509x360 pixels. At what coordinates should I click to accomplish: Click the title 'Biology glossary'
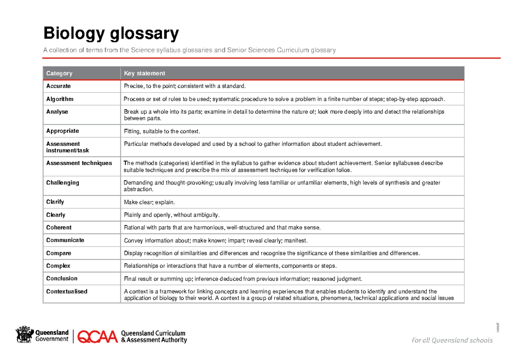tap(111, 33)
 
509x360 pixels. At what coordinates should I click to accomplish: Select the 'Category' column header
tap(59, 73)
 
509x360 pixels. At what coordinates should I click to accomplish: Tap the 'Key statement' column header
tap(144, 73)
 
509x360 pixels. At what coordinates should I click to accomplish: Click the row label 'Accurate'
tap(59, 86)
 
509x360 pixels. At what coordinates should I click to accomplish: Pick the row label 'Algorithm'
tap(60, 99)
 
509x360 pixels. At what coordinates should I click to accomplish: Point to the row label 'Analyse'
tap(57, 112)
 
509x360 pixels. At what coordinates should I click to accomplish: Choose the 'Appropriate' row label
tap(62, 131)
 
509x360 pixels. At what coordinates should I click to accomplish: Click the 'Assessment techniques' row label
tap(79, 163)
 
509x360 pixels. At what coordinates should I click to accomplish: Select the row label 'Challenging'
tap(63, 183)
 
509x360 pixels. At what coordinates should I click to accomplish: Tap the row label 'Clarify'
tap(55, 202)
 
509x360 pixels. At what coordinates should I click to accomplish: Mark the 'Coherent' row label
tap(59, 227)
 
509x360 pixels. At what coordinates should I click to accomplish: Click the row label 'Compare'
tap(59, 253)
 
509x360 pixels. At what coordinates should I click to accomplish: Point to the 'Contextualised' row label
tap(67, 291)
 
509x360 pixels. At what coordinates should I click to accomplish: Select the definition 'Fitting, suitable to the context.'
tap(162, 131)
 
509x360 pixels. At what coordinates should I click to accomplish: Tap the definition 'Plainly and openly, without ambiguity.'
tap(172, 215)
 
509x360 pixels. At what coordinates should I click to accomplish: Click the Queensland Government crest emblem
tap(24, 335)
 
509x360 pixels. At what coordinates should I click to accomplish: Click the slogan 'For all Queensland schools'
tap(452, 340)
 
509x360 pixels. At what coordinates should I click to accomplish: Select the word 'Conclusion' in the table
tap(62, 279)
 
